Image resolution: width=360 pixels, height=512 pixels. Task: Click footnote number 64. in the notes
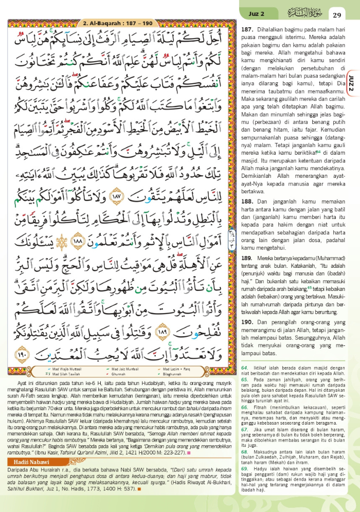245,368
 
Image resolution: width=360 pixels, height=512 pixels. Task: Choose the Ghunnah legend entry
124,375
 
